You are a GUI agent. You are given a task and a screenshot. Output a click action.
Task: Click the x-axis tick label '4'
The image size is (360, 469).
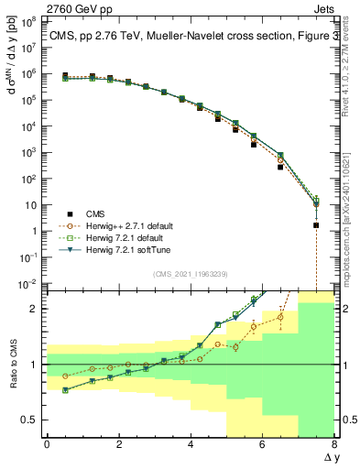tap(191, 445)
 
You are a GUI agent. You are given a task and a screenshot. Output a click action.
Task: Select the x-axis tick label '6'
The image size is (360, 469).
tap(262, 445)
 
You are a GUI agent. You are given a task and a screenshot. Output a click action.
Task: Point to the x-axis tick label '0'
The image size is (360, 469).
tap(47, 445)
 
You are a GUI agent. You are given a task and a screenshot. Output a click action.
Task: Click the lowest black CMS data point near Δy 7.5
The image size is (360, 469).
tap(316, 225)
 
